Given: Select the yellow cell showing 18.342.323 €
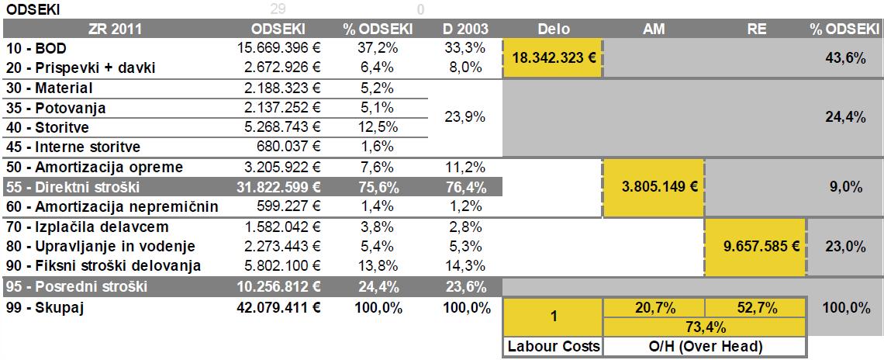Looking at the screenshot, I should pyautogui.click(x=553, y=58).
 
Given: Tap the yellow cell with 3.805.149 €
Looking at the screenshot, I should pyautogui.click(x=654, y=187).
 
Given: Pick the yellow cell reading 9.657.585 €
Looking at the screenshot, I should pyautogui.click(x=755, y=246).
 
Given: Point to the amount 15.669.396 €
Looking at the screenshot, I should pyautogui.click(x=278, y=48).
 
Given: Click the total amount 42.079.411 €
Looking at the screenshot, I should pyautogui.click(x=278, y=307).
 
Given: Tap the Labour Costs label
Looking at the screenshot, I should pyautogui.click(x=552, y=347).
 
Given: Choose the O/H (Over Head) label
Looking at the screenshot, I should pyautogui.click(x=704, y=347).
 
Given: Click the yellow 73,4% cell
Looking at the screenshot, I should pyautogui.click(x=704, y=327).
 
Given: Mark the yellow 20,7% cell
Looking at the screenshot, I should pyautogui.click(x=654, y=308).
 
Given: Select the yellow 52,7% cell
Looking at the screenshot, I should pyautogui.click(x=755, y=308).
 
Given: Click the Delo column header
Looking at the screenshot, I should pyautogui.click(x=553, y=29).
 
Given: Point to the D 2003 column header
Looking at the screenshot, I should pyautogui.click(x=465, y=29).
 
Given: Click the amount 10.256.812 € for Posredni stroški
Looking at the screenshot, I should pyautogui.click(x=278, y=287).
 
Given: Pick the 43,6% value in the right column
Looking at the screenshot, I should pyautogui.click(x=844, y=58).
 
